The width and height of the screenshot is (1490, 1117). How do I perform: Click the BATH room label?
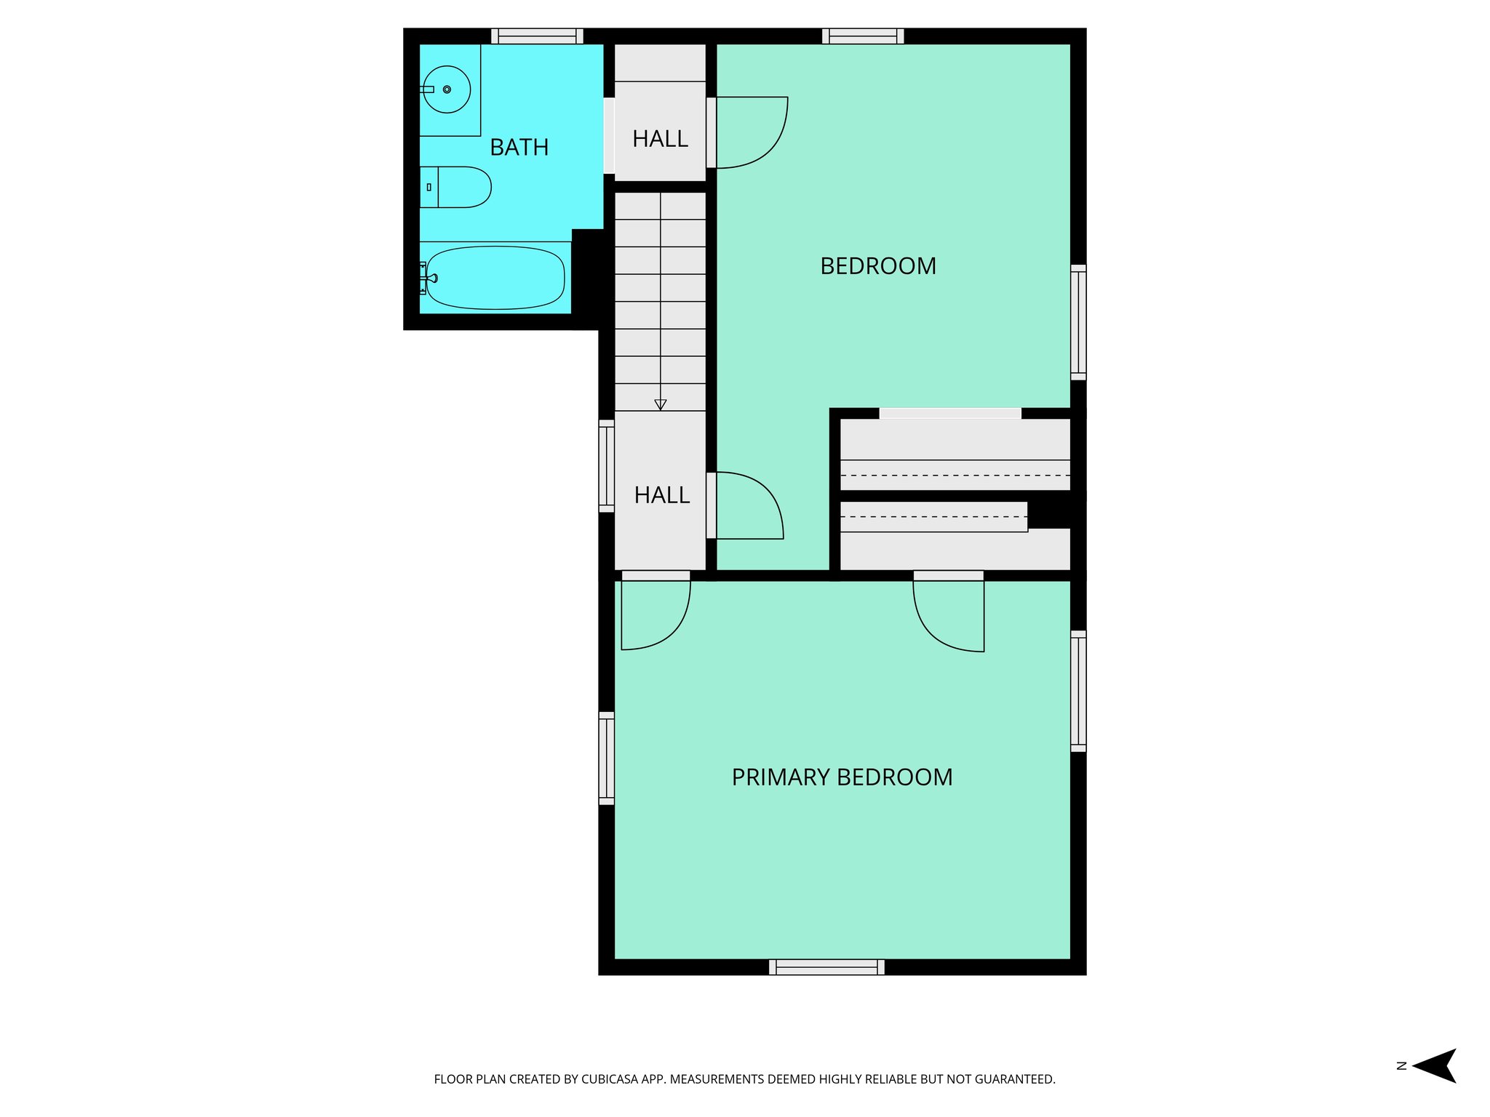coord(519,148)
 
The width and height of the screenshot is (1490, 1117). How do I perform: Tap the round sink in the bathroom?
coord(446,89)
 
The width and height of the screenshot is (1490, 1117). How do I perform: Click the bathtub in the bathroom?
coord(495,278)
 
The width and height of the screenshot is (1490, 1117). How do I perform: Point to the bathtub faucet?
coord(431,278)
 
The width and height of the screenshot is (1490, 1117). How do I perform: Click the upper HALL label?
coord(660,139)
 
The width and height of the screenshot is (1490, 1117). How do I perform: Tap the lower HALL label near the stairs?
coord(661,495)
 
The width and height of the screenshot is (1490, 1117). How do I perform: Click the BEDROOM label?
coord(877,266)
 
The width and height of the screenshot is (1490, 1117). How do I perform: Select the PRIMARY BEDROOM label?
coord(842,777)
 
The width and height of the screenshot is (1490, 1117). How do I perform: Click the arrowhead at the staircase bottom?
coord(661,405)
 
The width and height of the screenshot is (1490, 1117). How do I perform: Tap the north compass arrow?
coord(1436,1066)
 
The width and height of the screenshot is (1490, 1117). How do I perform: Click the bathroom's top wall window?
coord(537,36)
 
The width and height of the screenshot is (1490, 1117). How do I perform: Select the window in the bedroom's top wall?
coord(863,36)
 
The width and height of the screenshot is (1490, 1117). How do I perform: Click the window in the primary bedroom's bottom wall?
coord(826,967)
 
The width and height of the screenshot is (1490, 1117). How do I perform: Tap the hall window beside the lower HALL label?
coord(606,466)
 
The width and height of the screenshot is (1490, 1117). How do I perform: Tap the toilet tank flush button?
coord(429,188)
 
